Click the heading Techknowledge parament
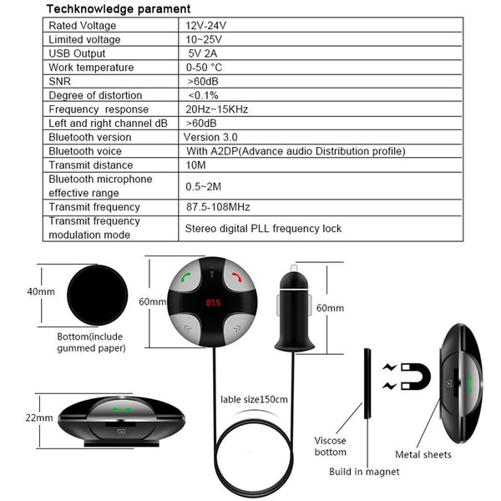point(119,9)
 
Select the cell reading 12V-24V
point(205,26)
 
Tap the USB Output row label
point(77,53)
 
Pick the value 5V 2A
point(203,53)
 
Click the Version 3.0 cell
point(210,137)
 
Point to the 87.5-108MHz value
point(218,207)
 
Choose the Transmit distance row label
point(91,165)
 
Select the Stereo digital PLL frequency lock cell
point(263,229)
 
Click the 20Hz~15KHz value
point(216,109)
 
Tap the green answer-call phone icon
point(186,277)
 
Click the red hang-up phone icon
point(237,277)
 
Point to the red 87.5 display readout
point(213,302)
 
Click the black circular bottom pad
point(98,296)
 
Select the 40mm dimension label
point(41,291)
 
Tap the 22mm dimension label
point(39,417)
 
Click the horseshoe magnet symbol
point(416,377)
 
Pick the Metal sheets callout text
point(423,454)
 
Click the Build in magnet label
point(364,472)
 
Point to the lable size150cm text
point(254,399)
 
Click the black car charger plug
point(294,308)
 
